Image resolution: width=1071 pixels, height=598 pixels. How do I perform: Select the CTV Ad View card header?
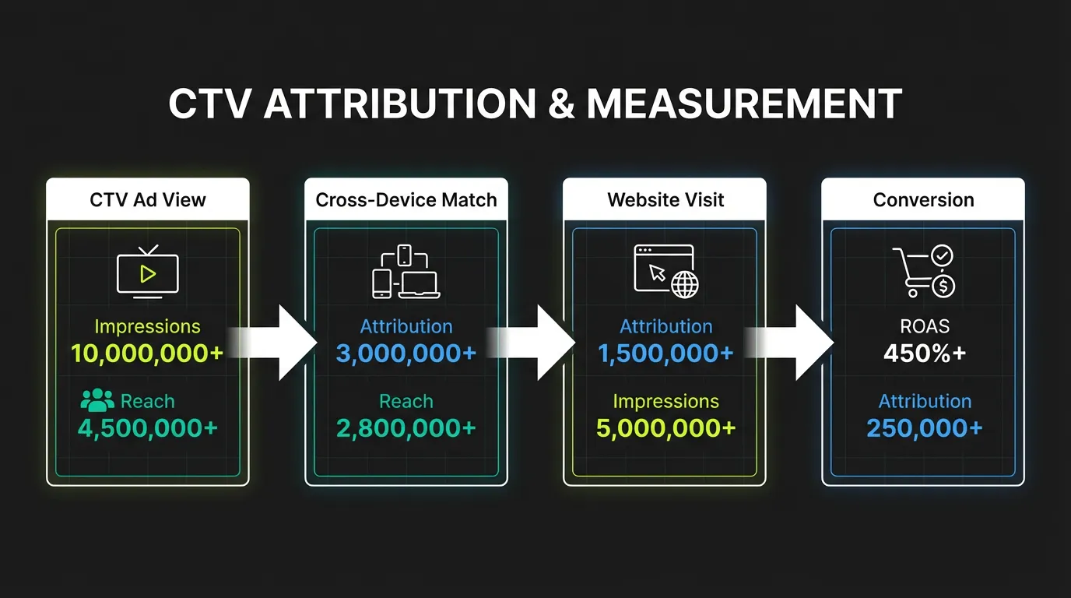tap(148, 200)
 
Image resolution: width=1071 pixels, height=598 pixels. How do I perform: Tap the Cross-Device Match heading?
tap(406, 200)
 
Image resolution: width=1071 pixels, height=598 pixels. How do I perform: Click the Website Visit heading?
tap(665, 200)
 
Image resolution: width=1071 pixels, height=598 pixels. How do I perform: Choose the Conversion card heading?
tap(923, 200)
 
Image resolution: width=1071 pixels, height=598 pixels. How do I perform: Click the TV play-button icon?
tap(147, 273)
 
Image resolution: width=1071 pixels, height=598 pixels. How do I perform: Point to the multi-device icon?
tap(406, 272)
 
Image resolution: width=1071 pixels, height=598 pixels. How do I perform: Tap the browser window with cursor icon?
tap(666, 271)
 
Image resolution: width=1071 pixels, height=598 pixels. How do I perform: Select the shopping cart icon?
tap(924, 272)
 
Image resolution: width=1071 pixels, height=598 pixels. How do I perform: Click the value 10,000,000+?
tap(147, 354)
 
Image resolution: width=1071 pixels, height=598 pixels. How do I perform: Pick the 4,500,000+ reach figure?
tap(147, 428)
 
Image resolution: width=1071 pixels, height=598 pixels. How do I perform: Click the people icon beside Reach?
tap(97, 401)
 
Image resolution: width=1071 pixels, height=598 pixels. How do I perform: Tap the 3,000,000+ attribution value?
tap(406, 354)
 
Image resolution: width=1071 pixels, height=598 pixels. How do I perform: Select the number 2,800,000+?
tap(406, 428)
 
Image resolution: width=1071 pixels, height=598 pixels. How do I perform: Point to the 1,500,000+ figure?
tap(665, 354)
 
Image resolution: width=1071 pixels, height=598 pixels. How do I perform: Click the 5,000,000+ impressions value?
tap(665, 428)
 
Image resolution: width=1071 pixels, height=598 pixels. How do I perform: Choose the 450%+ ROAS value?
tap(924, 354)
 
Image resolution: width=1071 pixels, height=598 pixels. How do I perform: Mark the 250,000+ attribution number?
tap(924, 428)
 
